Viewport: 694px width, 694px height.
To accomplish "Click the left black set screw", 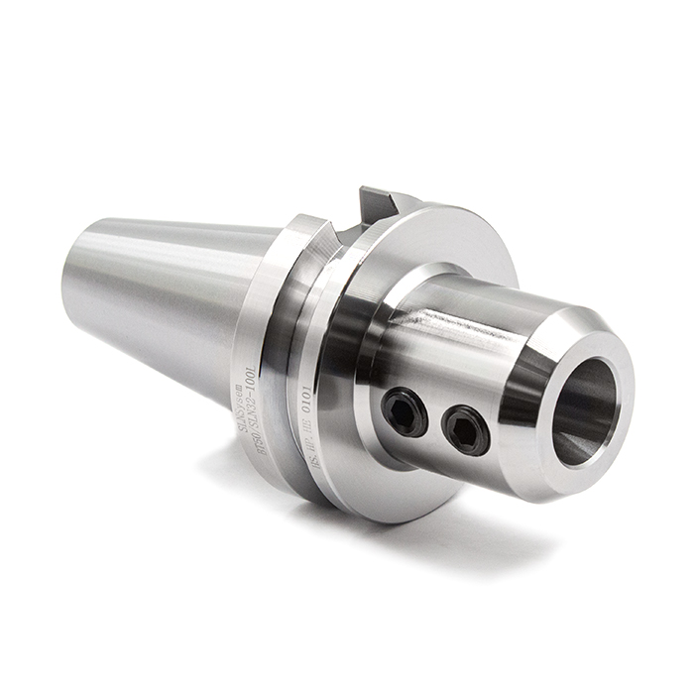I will click(405, 410).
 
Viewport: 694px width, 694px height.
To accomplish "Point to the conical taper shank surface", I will click(169, 297).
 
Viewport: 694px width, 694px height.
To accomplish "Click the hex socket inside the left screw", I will click(405, 410).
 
